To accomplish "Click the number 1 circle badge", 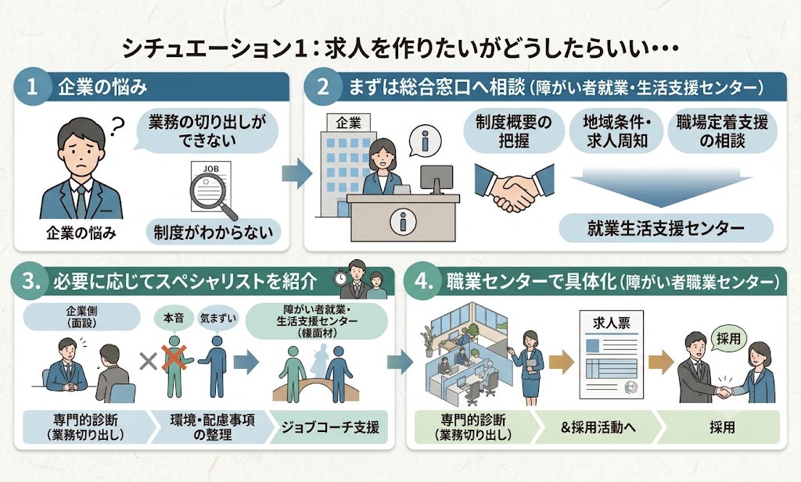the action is (x=32, y=87).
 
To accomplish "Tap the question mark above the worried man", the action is (x=118, y=126).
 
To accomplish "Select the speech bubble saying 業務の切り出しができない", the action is (x=207, y=131).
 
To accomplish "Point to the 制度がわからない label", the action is (x=213, y=233).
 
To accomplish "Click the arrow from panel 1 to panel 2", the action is (x=296, y=173).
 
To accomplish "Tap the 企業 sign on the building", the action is (x=348, y=123).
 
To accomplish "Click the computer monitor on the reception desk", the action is (x=436, y=180).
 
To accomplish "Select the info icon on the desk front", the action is (x=402, y=222).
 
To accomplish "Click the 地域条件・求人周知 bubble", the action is (x=616, y=131).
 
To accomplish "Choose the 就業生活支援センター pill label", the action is (x=666, y=228).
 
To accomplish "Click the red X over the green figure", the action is (x=174, y=357).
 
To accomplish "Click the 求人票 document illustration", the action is (x=611, y=354).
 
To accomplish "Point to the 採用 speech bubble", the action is (x=728, y=339).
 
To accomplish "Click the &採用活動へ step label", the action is (x=598, y=427).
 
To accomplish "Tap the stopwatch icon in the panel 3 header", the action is (x=339, y=278).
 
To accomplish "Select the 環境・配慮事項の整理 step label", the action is (x=212, y=427).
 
